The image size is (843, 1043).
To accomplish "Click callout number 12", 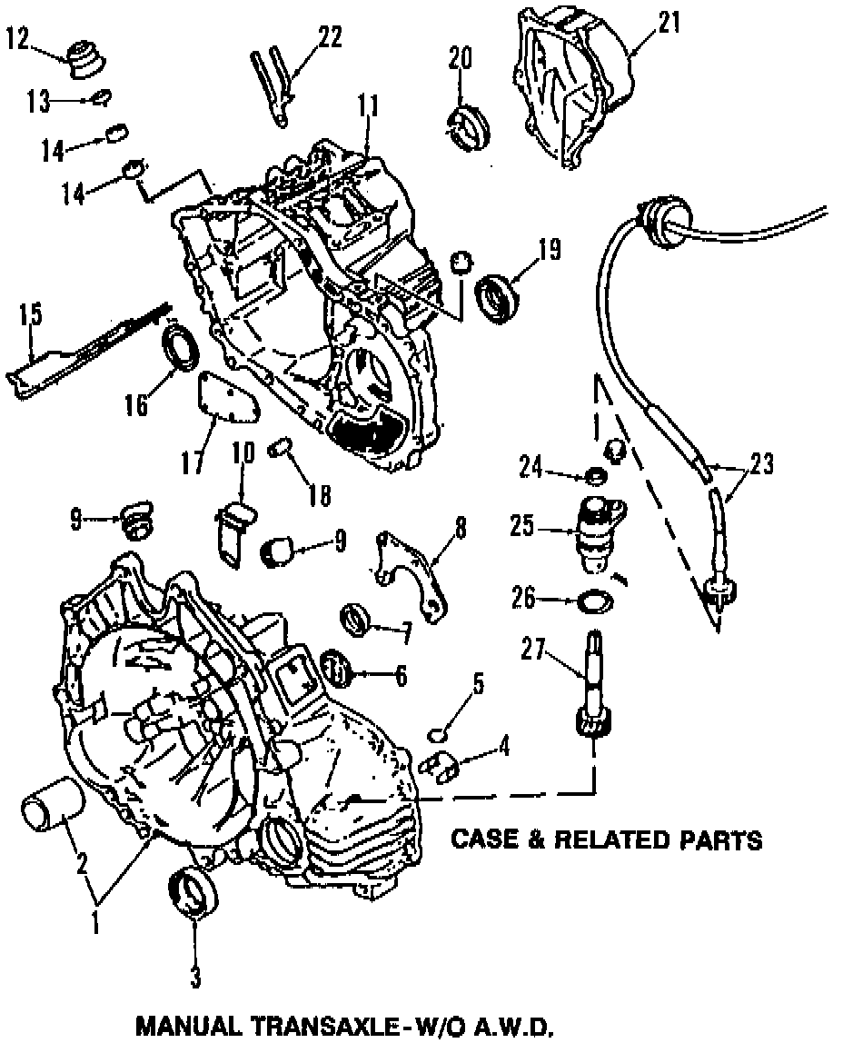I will click(19, 39).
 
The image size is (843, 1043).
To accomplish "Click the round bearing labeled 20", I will click(470, 127).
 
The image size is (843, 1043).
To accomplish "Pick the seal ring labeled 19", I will click(499, 296).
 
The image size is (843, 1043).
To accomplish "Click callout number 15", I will click(30, 315).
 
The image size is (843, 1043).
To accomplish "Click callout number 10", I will click(243, 452).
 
